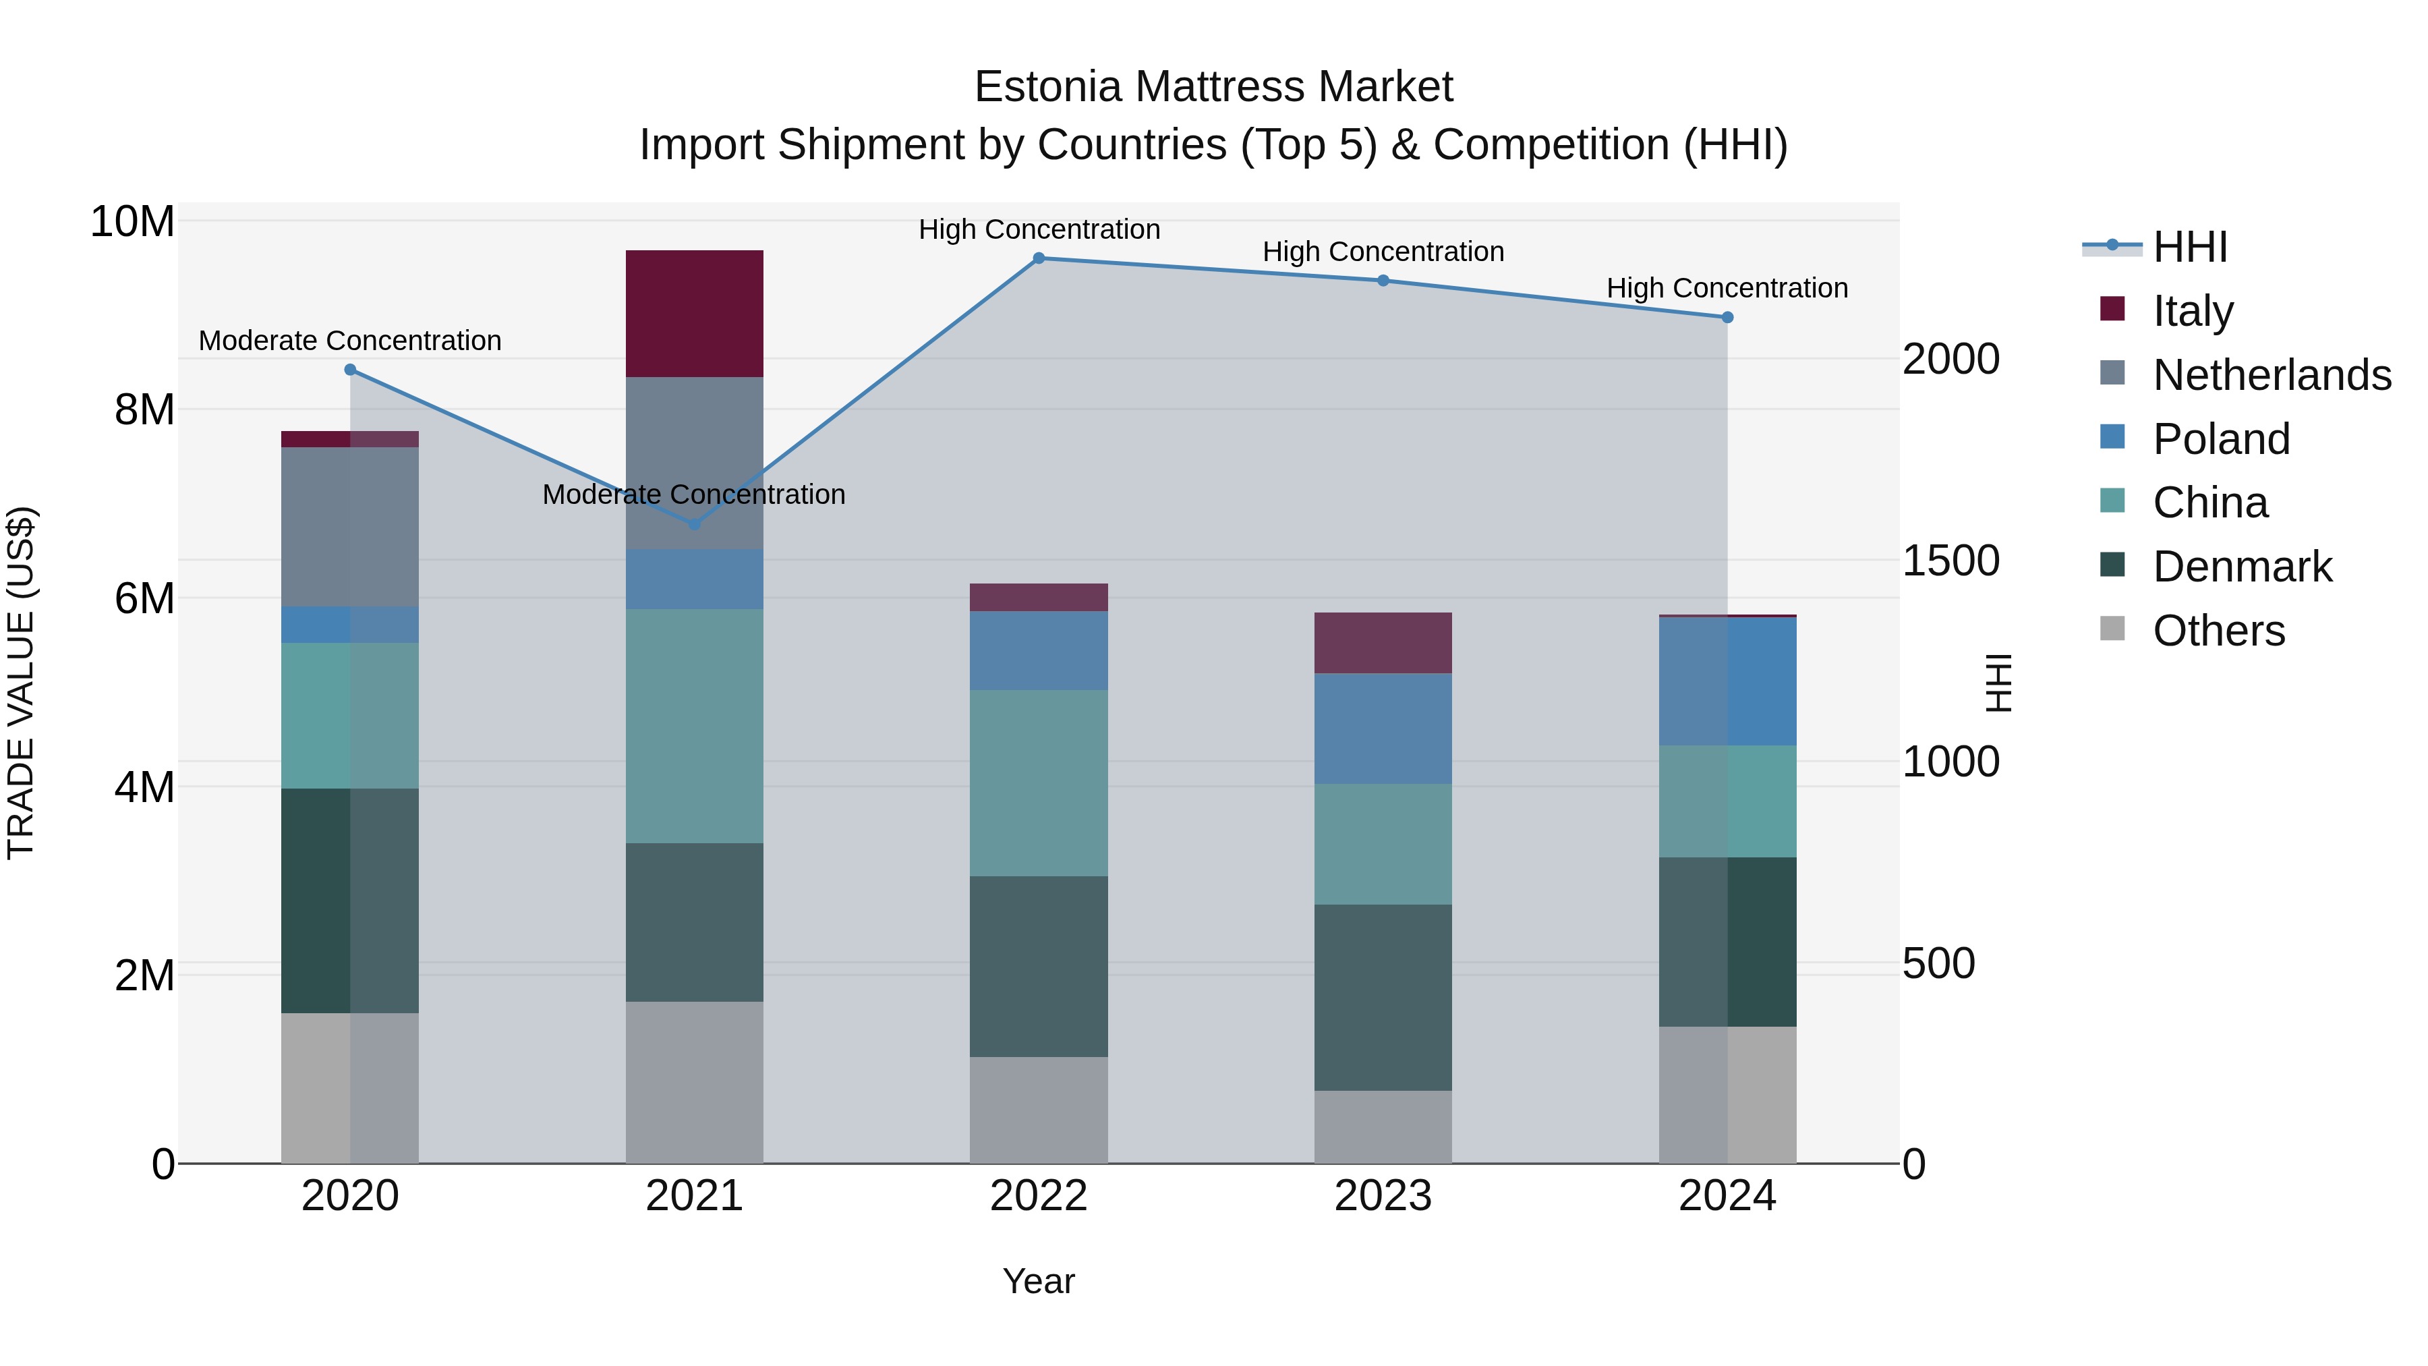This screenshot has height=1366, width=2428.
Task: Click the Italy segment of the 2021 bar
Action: tap(694, 313)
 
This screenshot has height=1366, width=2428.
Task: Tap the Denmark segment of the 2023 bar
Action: tap(1383, 998)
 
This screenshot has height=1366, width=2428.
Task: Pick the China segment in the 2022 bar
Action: tap(1039, 782)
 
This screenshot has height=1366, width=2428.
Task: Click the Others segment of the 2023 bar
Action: tap(1383, 1127)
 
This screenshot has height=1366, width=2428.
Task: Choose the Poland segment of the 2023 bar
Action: tap(1383, 728)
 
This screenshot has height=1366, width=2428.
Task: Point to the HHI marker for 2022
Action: tap(1039, 258)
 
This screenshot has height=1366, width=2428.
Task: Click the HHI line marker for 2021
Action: tap(695, 524)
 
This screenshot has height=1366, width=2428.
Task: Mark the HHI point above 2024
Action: tap(1727, 318)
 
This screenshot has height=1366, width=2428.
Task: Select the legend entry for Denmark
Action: tap(2241, 567)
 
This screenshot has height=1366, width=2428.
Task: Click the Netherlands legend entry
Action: tap(2272, 375)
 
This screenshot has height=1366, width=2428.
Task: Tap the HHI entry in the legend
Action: tap(2189, 247)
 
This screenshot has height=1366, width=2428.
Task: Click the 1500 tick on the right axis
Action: tap(1950, 561)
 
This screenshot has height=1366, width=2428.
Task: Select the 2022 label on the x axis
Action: tap(1039, 1196)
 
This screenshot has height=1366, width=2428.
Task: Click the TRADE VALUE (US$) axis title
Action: tap(21, 683)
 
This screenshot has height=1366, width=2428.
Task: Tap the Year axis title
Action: tap(1039, 1281)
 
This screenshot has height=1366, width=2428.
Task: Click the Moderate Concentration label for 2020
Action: tap(349, 341)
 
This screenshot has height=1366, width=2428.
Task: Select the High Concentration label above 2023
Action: tap(1383, 252)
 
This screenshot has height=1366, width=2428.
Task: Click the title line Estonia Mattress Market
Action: tap(1213, 87)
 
